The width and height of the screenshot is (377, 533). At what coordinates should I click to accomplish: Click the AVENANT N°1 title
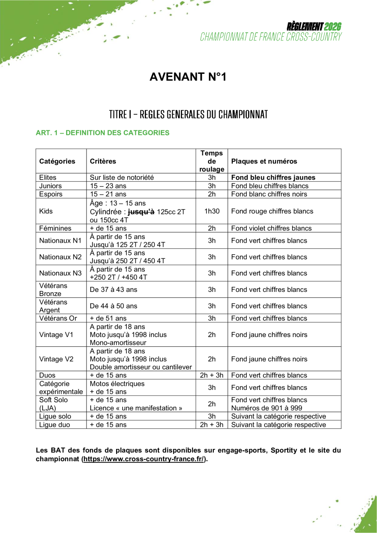tap(188, 77)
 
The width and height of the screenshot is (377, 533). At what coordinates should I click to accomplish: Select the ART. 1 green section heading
tap(103, 133)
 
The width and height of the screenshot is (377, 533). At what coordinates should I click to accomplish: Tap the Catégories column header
tap(57, 161)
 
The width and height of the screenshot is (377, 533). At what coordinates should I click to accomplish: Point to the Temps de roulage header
tap(212, 161)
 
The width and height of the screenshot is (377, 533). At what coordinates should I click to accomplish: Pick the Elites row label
tap(48, 178)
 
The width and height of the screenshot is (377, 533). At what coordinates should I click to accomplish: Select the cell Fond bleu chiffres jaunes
tap(273, 178)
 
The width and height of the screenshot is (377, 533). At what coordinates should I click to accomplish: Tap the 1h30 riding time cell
tap(212, 212)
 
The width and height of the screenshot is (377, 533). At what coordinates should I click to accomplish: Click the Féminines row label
tap(55, 228)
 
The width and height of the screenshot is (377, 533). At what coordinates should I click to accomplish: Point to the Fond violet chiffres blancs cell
tap(272, 228)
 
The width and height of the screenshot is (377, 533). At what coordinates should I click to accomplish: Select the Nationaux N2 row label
tap(60, 257)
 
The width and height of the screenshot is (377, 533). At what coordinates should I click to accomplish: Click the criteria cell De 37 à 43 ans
tap(114, 289)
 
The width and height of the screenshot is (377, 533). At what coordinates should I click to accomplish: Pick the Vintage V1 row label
tap(56, 335)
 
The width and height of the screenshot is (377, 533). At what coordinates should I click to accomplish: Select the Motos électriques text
tap(117, 384)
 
